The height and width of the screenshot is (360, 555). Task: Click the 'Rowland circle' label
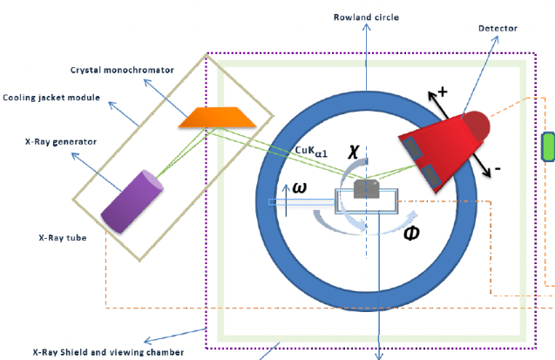click(365, 17)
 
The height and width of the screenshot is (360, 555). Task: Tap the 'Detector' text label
click(497, 29)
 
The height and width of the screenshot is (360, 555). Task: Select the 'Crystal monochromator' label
click(123, 69)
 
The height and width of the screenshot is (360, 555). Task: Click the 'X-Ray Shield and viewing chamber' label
click(108, 352)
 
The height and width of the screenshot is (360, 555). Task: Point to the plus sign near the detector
click(442, 92)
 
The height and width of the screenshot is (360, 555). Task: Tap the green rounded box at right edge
click(549, 146)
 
